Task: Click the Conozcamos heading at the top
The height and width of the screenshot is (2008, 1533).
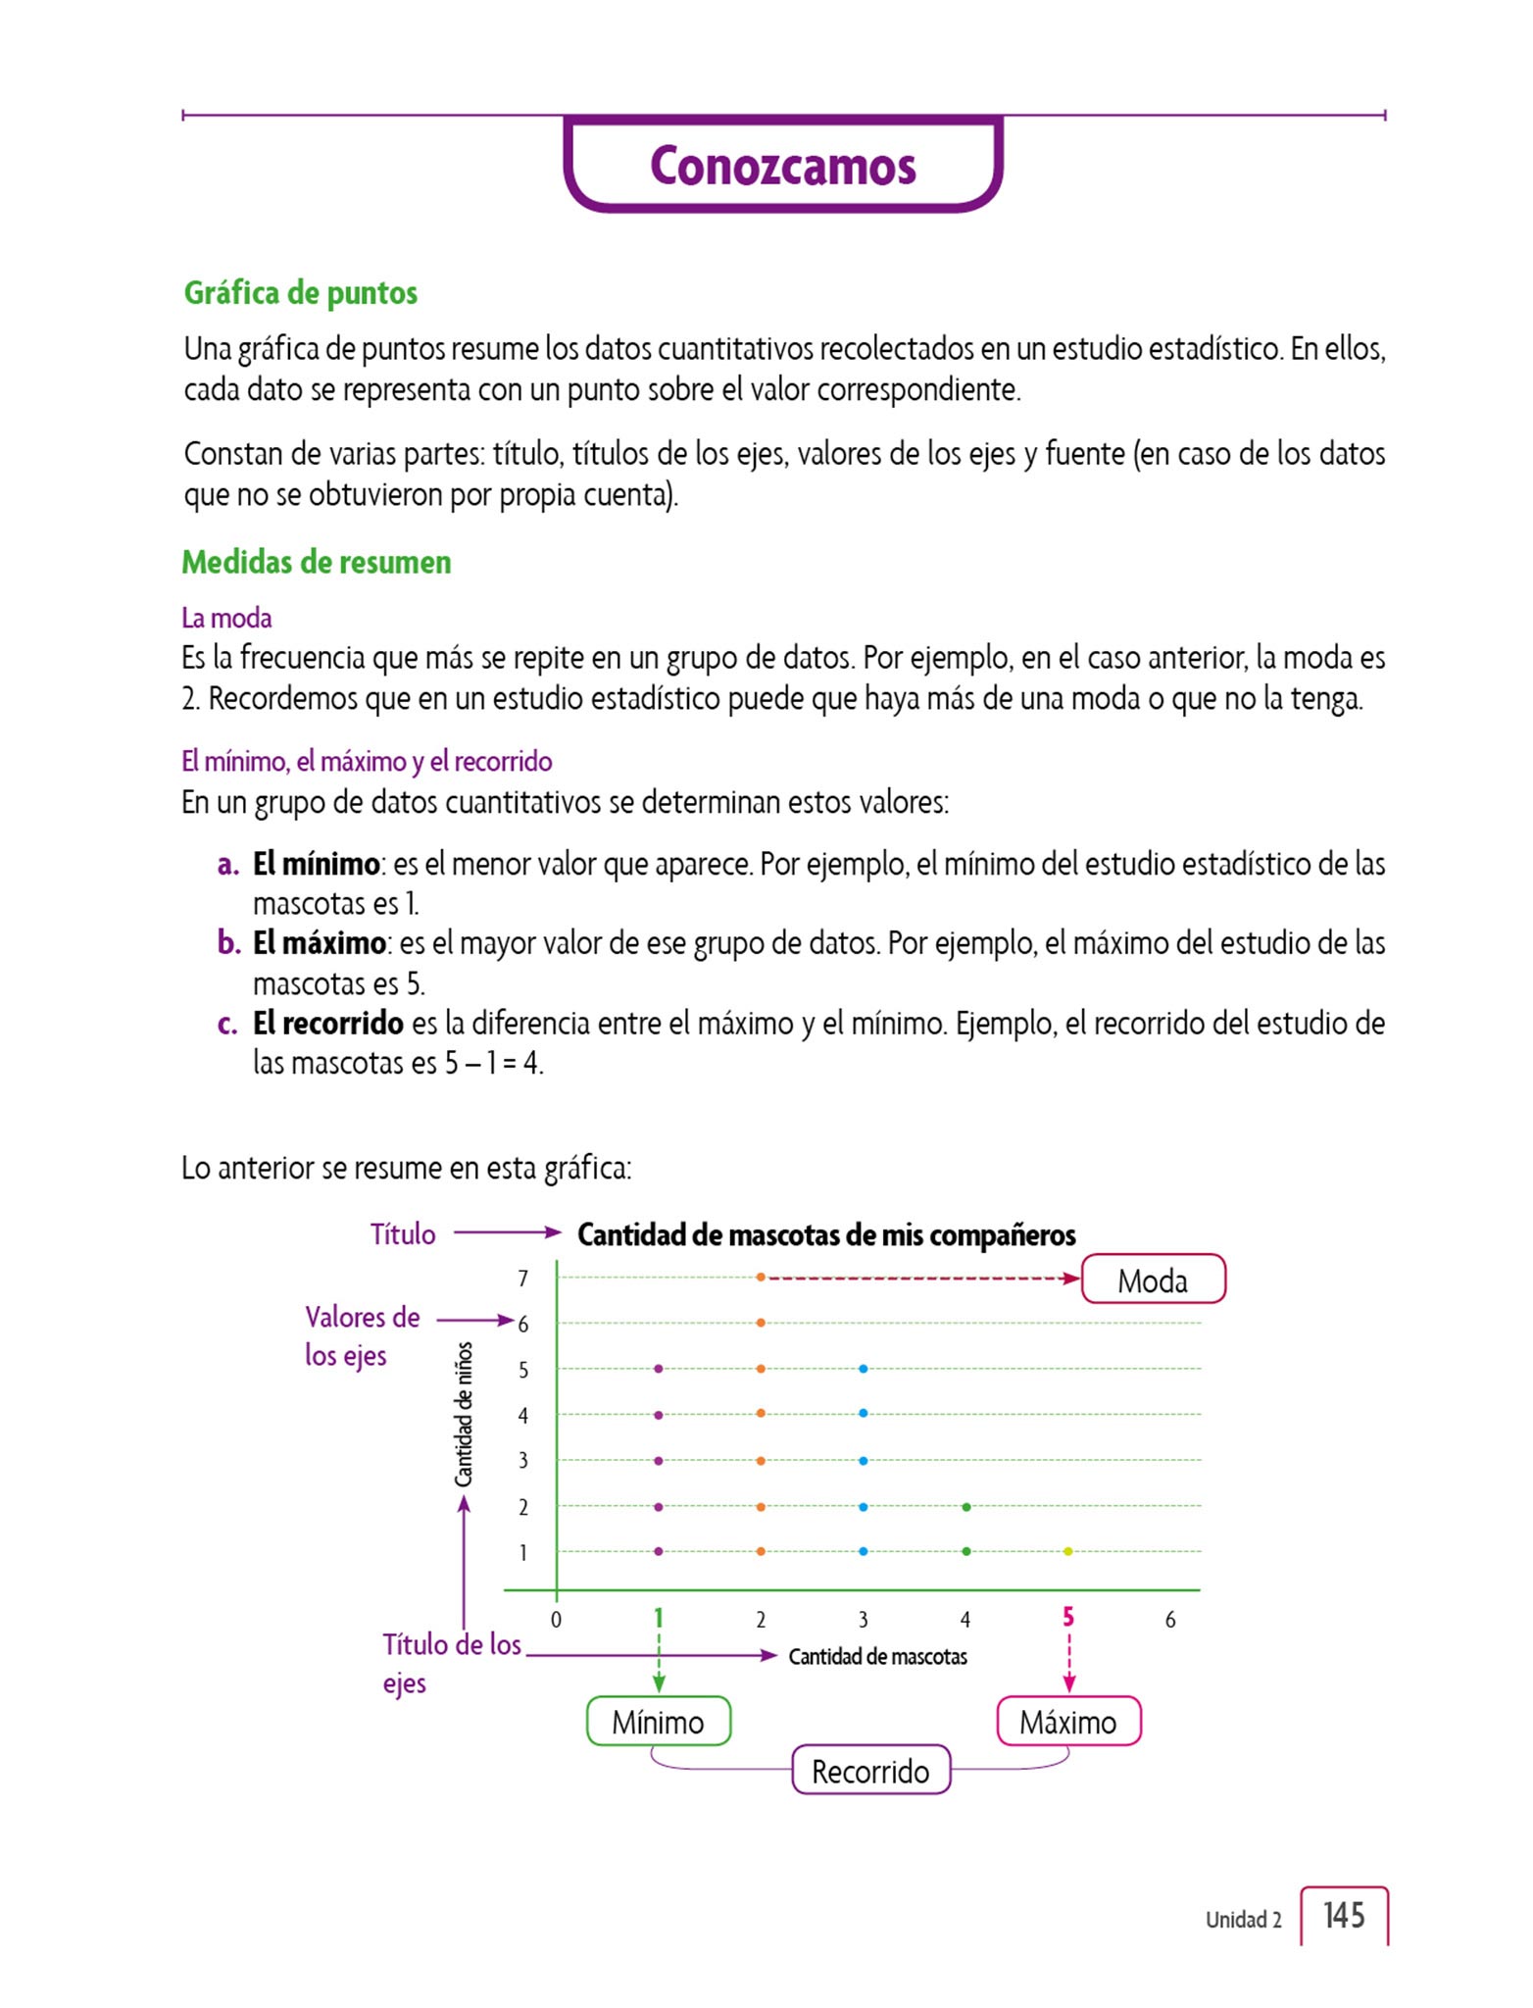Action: point(782,166)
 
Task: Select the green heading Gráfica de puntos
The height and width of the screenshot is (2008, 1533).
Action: point(300,293)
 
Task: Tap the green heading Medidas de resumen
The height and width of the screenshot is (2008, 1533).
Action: point(316,563)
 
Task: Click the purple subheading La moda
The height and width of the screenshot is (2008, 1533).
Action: point(226,618)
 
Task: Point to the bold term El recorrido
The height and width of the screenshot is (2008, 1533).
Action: point(327,1024)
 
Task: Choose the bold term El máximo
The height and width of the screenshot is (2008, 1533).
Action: point(319,943)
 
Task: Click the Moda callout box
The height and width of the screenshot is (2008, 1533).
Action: point(1153,1280)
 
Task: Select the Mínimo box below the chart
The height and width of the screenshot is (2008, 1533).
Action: point(658,1722)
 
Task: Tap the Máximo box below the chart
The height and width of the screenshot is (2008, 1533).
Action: point(1067,1722)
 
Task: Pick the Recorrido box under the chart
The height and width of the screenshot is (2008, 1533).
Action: point(870,1771)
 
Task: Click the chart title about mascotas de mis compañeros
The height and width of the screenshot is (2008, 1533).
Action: point(826,1234)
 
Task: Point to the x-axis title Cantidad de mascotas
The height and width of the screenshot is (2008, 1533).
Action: point(877,1657)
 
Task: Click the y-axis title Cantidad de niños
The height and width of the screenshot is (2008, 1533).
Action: point(464,1414)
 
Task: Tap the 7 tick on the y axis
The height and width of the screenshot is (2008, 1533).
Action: point(523,1279)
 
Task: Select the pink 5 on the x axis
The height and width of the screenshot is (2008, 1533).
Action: point(1068,1617)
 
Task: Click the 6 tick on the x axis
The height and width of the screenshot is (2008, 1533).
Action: point(1170,1620)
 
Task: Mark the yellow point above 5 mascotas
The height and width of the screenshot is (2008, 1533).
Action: point(1068,1551)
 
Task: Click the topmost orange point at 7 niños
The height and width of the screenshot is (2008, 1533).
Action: point(761,1278)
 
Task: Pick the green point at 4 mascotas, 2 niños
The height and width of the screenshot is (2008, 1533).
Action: point(966,1507)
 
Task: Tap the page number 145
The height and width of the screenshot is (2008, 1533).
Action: point(1343,1915)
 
